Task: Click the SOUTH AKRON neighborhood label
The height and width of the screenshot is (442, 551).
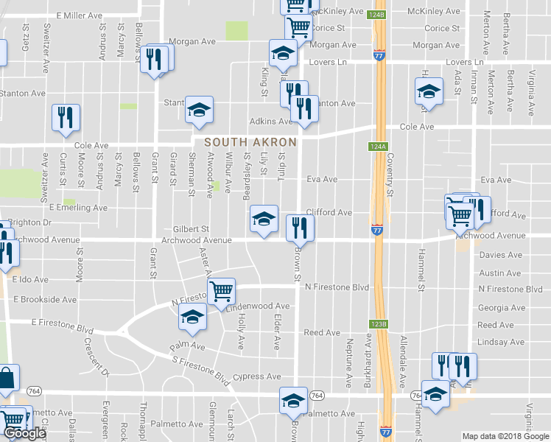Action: pos(250,141)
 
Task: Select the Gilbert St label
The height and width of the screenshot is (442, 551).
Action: pos(192,229)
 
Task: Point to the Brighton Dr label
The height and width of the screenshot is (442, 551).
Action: pos(30,222)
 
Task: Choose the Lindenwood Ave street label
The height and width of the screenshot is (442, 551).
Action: pos(262,306)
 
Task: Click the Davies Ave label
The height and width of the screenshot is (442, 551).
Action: pos(500,255)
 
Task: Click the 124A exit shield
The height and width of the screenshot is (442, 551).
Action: pos(376,147)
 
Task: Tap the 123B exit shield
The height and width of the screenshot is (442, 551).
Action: pos(376,323)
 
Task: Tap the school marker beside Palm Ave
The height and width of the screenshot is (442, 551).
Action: pos(192,318)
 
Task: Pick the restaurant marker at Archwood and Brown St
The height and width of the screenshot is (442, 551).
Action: pos(300,226)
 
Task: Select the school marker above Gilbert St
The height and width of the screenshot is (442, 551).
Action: pos(264,217)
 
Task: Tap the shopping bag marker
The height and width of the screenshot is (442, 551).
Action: pos(6,378)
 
